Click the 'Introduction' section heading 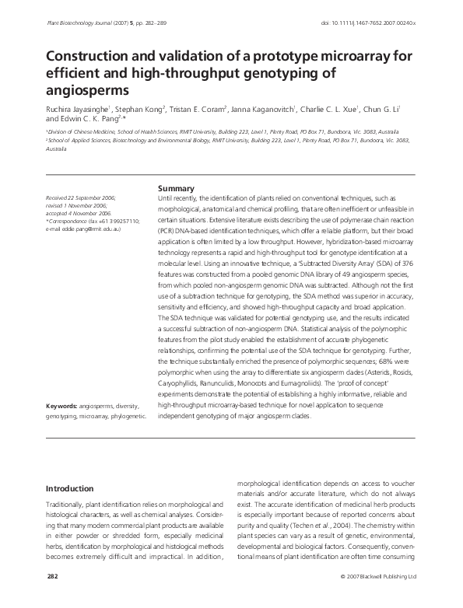click(71, 488)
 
